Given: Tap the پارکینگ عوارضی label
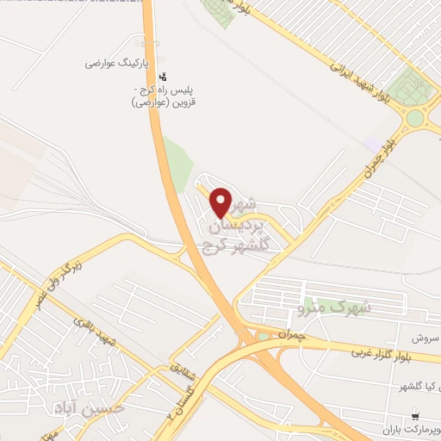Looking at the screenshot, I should point(117,64).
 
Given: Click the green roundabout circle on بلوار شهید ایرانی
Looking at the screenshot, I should point(416,118).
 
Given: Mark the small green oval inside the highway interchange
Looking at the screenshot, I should point(263,337).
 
